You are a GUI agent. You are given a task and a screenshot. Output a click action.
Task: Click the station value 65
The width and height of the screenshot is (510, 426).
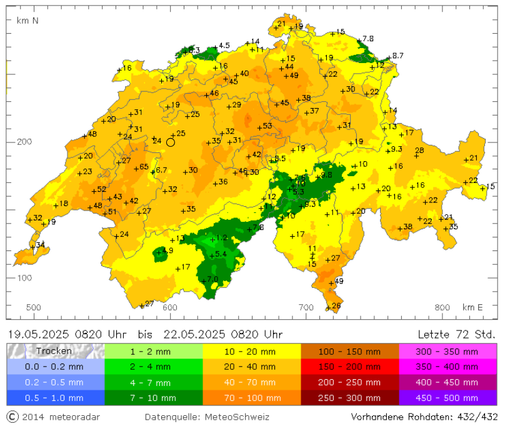pos(144,167)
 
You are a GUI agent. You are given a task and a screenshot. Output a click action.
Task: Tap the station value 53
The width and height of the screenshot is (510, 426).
pos(267,126)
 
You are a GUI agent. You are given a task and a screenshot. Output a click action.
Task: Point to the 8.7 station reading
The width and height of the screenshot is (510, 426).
pos(397,56)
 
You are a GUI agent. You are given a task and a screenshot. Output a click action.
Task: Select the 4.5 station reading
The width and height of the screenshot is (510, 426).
pos(224,46)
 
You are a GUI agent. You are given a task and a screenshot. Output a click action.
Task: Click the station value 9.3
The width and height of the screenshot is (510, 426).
pos(396,149)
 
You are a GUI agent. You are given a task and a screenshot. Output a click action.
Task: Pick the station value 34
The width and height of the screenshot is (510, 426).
pos(41,245)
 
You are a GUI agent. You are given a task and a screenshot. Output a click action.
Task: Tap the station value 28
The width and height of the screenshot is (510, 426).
pos(419,151)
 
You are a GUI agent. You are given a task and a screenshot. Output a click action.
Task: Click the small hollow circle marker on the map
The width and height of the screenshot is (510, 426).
pos(171,142)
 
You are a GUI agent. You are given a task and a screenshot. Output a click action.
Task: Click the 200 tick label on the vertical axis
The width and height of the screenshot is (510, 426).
pos(24,142)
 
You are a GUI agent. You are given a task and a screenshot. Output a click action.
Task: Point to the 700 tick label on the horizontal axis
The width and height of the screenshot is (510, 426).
pos(306,307)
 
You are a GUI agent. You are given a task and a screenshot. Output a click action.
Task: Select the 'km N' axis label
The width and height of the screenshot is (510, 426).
pos(27,21)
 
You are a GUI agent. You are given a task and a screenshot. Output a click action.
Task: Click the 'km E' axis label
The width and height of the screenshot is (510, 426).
pos(472,307)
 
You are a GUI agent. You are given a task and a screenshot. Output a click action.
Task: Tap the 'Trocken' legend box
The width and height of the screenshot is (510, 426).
pos(56,351)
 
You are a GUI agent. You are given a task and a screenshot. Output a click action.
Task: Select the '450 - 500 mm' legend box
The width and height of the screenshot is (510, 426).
pos(447,398)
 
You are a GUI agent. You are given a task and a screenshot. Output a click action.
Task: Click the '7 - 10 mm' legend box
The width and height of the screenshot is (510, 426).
pos(154,398)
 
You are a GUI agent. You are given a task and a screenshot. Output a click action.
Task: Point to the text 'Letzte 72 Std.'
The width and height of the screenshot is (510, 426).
pos(456,334)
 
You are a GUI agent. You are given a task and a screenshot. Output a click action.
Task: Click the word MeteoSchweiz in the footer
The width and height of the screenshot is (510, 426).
pos(242,417)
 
